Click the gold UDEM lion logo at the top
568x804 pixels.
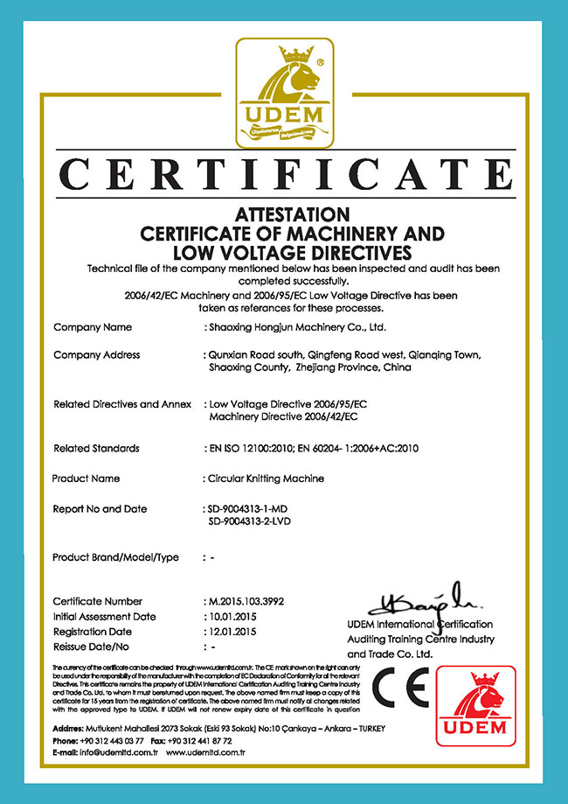(284, 92)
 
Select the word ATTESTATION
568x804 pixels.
(284, 214)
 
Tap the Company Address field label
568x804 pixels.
(97, 355)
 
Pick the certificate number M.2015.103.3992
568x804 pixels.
(247, 602)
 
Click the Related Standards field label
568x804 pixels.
(96, 449)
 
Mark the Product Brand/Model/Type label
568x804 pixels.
(116, 557)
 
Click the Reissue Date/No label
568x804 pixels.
(92, 647)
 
